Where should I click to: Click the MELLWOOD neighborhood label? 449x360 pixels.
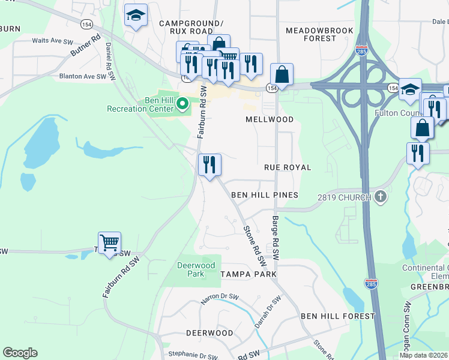[270, 119]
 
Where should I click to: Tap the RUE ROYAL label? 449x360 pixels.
[288, 167]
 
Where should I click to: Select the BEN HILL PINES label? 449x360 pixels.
[265, 196]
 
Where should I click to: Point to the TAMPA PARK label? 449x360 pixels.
[248, 274]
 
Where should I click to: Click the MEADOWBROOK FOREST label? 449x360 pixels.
[311, 34]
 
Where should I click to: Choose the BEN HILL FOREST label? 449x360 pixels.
[337, 316]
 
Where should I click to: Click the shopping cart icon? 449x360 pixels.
[109, 243]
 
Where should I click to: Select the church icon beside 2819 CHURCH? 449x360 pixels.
[379, 196]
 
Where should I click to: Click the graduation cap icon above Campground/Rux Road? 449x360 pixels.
[136, 16]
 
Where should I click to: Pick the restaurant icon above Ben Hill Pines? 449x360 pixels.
[209, 164]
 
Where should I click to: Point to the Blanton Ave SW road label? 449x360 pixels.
[83, 77]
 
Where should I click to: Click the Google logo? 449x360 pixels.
[20, 353]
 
